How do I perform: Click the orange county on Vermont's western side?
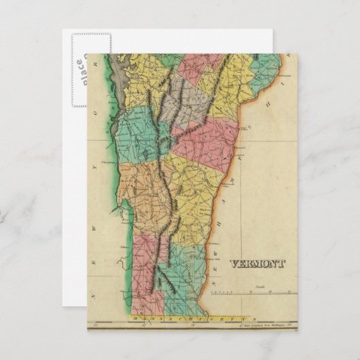(139, 197)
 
